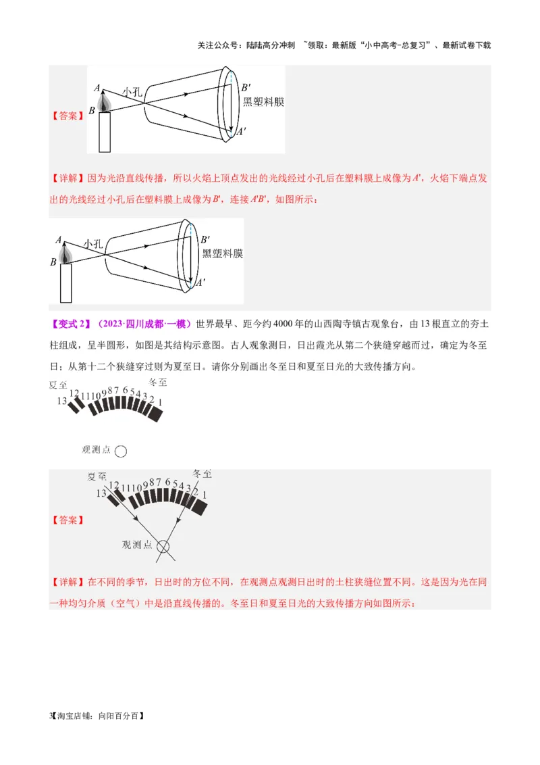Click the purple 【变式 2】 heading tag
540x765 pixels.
click(x=70, y=323)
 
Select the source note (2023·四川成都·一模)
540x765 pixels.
click(x=144, y=323)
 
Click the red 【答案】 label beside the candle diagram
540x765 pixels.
click(x=67, y=116)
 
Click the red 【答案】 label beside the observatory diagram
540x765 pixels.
click(x=67, y=520)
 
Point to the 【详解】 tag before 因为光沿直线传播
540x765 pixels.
click(x=67, y=178)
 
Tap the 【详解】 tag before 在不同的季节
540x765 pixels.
click(x=67, y=581)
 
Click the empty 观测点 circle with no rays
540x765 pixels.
click(x=121, y=451)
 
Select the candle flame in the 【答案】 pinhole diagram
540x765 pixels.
click(x=104, y=102)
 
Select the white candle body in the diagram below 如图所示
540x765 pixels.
click(x=65, y=282)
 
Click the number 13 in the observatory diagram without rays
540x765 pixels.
click(x=61, y=401)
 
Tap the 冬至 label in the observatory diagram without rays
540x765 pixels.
click(x=157, y=382)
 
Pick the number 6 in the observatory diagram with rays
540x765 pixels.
click(x=168, y=483)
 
